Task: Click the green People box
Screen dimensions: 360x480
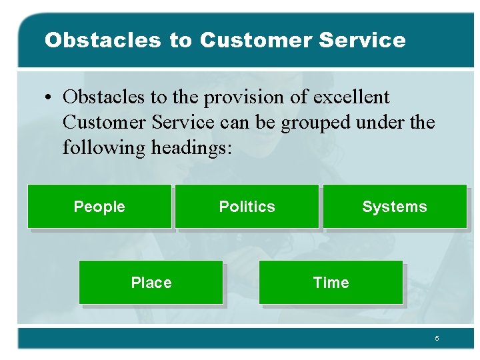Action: [x=99, y=207]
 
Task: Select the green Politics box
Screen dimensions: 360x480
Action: [x=247, y=207]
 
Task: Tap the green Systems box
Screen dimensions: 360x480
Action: [x=395, y=207]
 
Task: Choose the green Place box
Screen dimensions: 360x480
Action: [x=151, y=283]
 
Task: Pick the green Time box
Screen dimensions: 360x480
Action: [x=331, y=283]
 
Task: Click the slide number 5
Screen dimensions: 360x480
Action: [x=437, y=339]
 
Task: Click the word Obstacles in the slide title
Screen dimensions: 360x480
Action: [x=103, y=40]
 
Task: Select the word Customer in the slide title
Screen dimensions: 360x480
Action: [x=256, y=40]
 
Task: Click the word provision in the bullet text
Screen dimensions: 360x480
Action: [x=239, y=97]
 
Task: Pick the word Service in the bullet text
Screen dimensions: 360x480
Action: [x=183, y=123]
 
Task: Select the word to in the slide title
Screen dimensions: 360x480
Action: [x=180, y=40]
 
